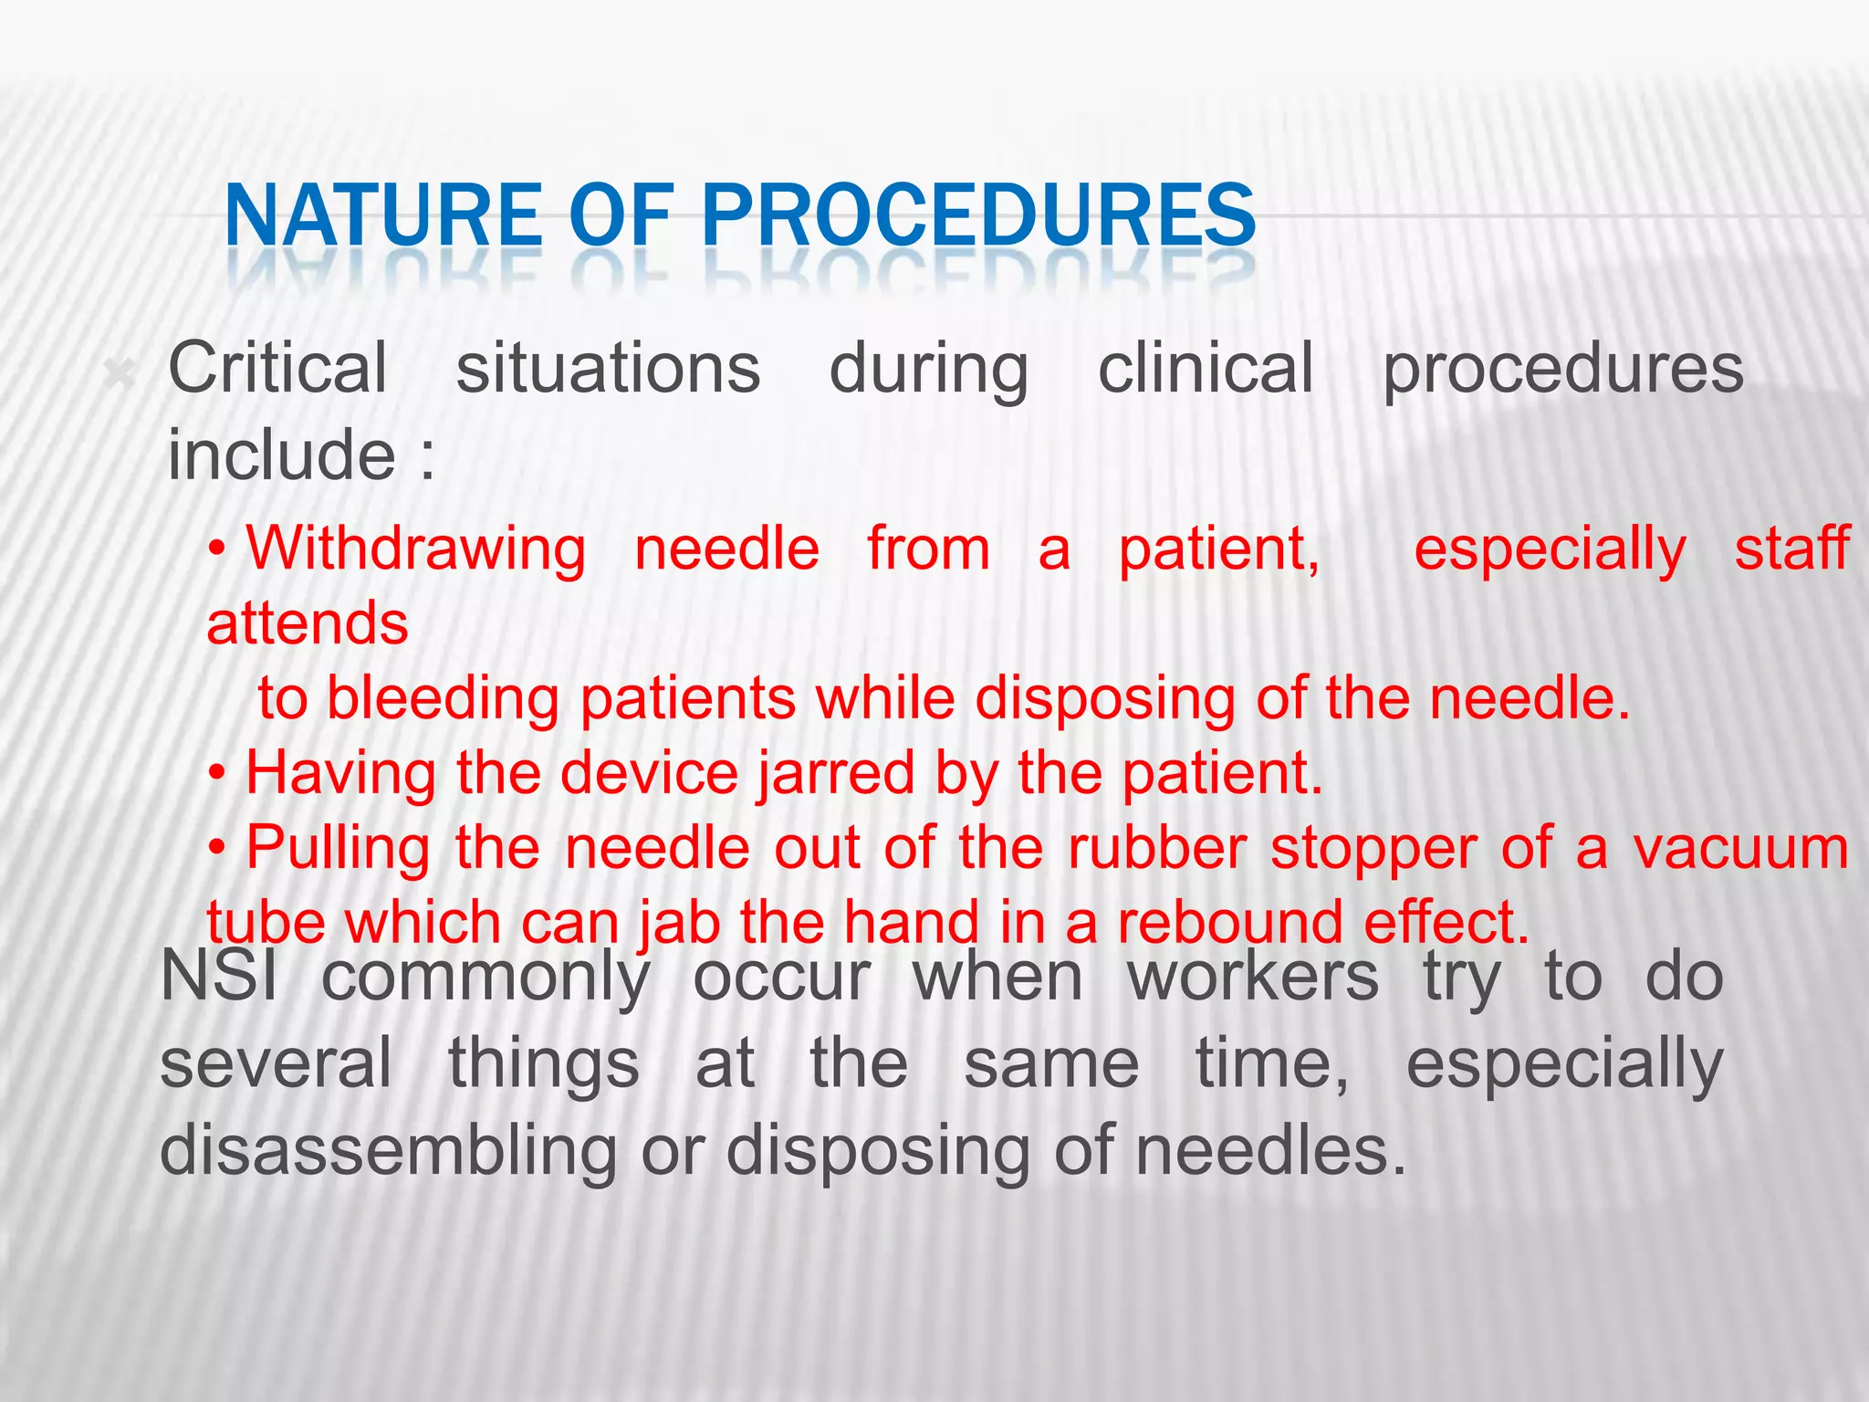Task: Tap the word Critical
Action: [x=278, y=368]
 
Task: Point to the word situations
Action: [x=608, y=368]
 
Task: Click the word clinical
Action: [x=1206, y=368]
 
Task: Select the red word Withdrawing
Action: [x=416, y=549]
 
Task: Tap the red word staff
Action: [x=1791, y=549]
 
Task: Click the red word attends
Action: [x=308, y=623]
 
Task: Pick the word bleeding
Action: [x=443, y=698]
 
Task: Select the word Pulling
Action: [x=338, y=848]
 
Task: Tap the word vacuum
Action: [x=1740, y=848]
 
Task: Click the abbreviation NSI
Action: [x=219, y=977]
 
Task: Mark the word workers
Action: [x=1253, y=977]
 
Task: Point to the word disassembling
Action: [x=389, y=1149]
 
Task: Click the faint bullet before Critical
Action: [x=120, y=373]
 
